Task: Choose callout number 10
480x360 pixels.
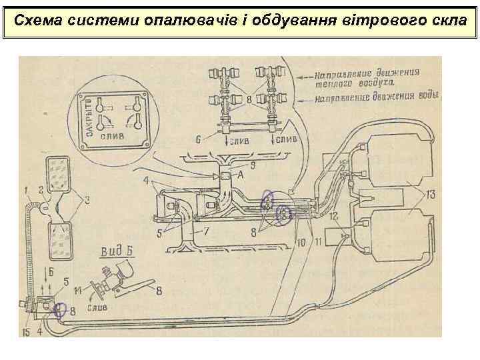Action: point(301,243)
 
